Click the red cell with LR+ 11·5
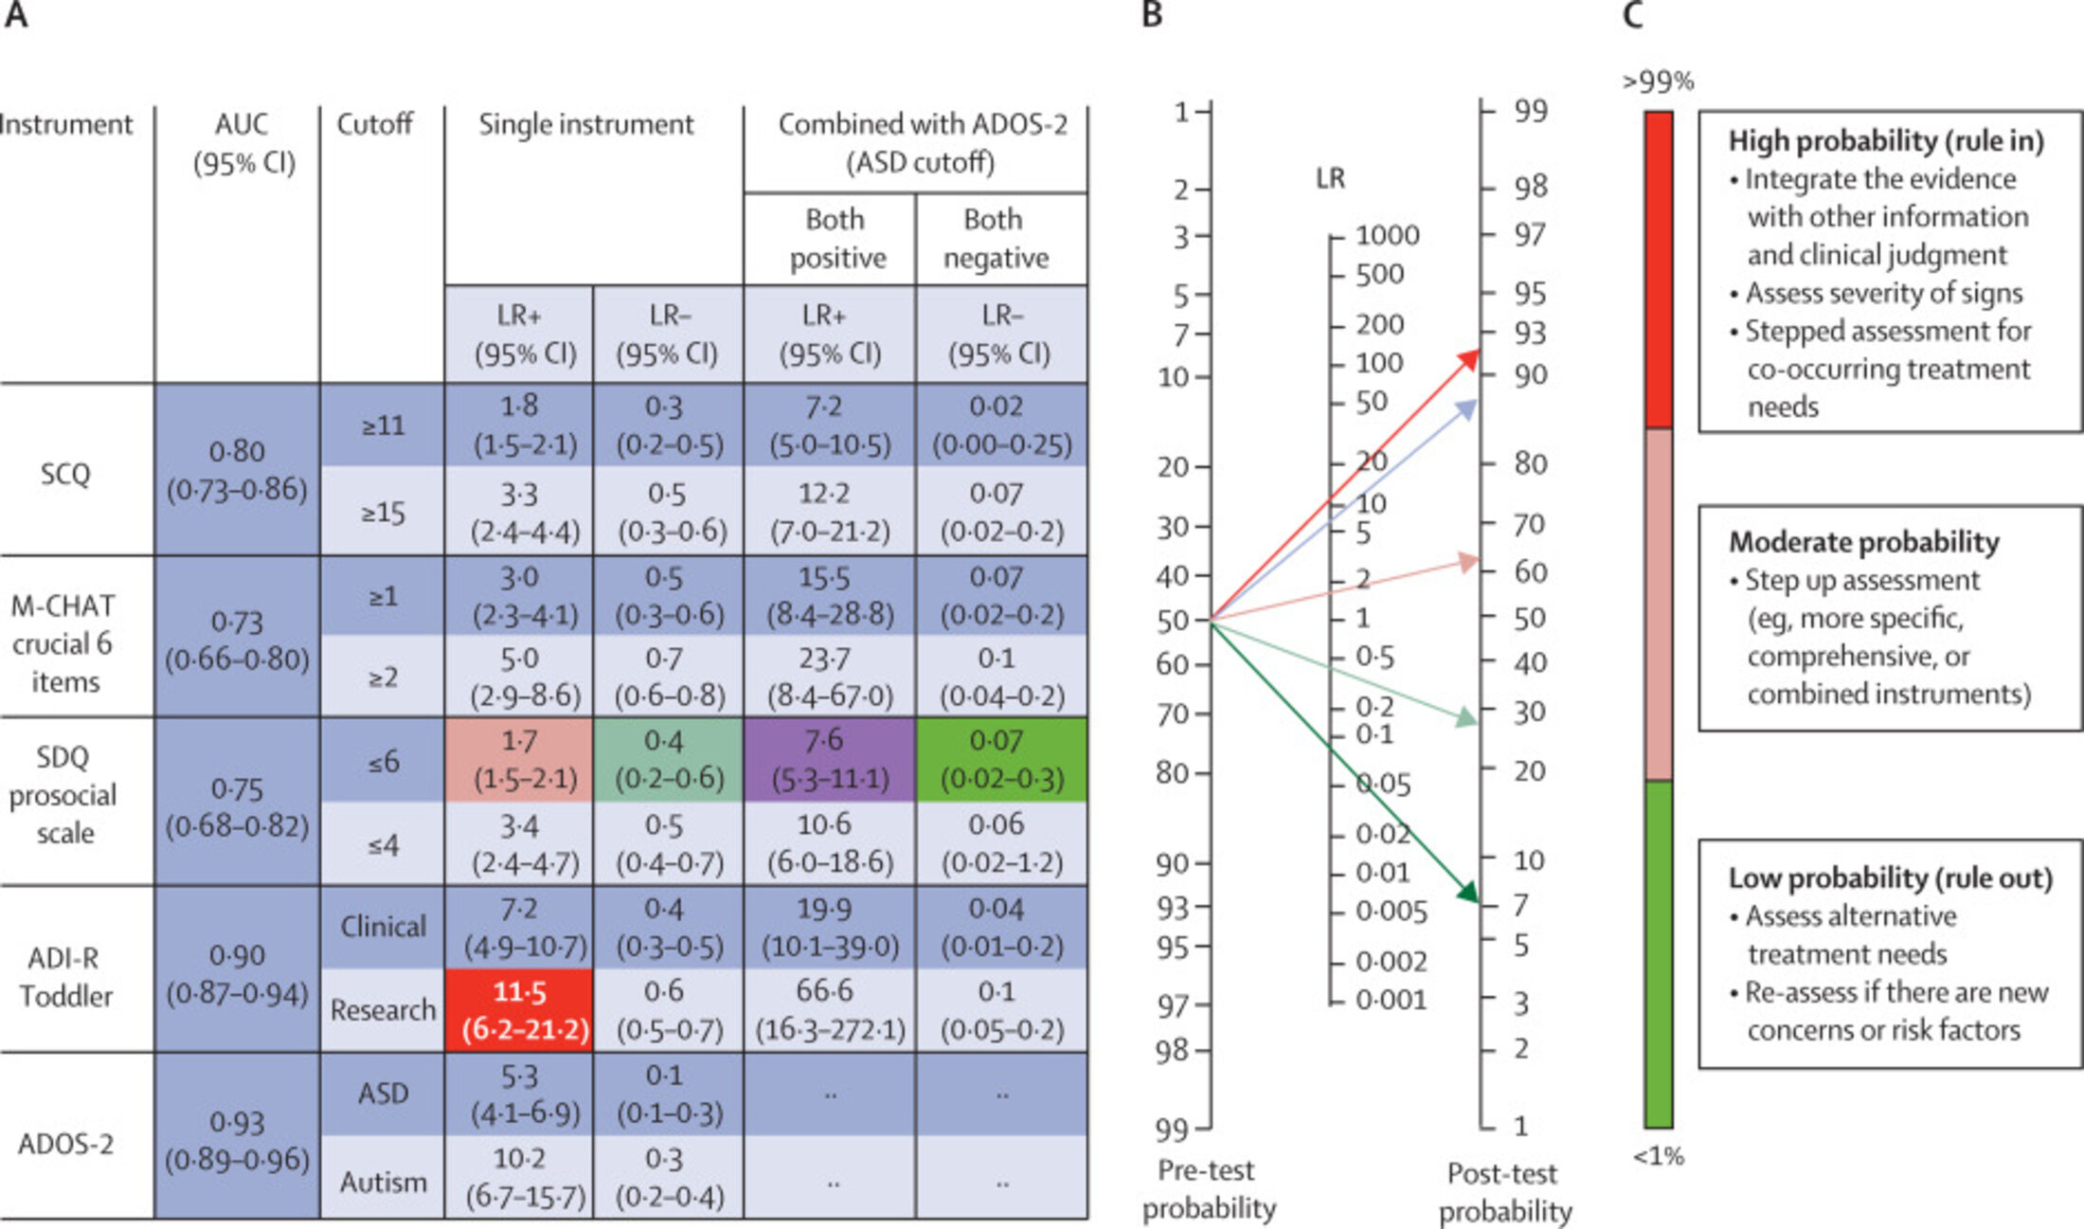pyautogui.click(x=519, y=1010)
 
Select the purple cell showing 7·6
pyautogui.click(x=829, y=759)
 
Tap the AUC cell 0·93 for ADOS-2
pyautogui.click(x=237, y=1140)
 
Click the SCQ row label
pyautogui.click(x=65, y=473)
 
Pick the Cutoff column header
pyautogui.click(x=375, y=124)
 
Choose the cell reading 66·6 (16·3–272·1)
pyautogui.click(x=829, y=1010)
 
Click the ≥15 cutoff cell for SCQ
pyautogui.click(x=383, y=513)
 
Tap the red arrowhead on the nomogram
pyautogui.click(x=1468, y=358)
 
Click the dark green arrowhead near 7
pyautogui.click(x=1467, y=892)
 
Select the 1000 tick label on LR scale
pyautogui.click(x=1387, y=235)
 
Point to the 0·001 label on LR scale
pyautogui.click(x=1390, y=1000)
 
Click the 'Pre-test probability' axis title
pyautogui.click(x=1208, y=1189)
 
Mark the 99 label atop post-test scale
pyautogui.click(x=1530, y=111)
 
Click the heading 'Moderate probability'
pyautogui.click(x=1863, y=541)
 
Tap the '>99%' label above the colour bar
pyautogui.click(x=1657, y=81)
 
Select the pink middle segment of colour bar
pyautogui.click(x=1658, y=604)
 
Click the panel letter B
pyautogui.click(x=1151, y=16)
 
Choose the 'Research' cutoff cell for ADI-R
pyautogui.click(x=383, y=1010)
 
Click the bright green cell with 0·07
pyautogui.click(x=1001, y=759)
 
